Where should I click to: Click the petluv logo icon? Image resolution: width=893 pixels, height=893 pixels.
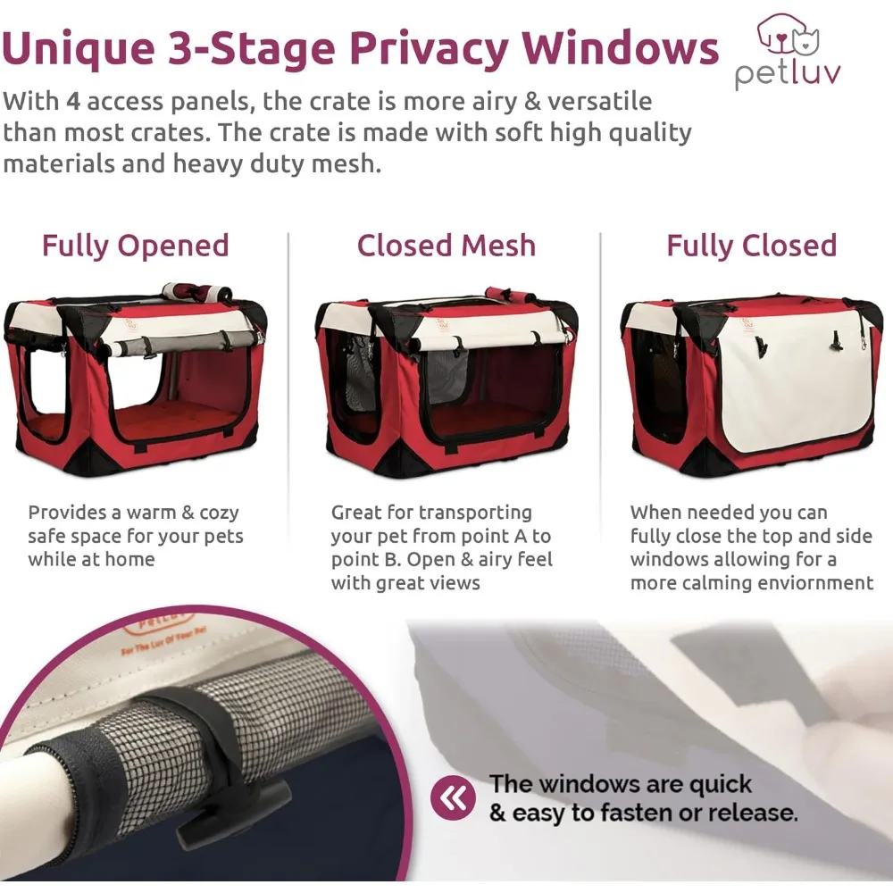tap(787, 34)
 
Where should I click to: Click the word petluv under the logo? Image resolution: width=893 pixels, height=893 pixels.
tap(788, 74)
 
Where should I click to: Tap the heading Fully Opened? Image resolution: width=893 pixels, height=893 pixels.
tap(136, 246)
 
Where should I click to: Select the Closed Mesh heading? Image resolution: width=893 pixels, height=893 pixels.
tap(446, 246)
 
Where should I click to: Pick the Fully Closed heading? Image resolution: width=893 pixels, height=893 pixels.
tap(751, 246)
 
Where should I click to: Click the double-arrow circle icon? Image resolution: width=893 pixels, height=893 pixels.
tap(453, 797)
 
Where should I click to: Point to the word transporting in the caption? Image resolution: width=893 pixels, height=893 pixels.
tap(475, 513)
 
